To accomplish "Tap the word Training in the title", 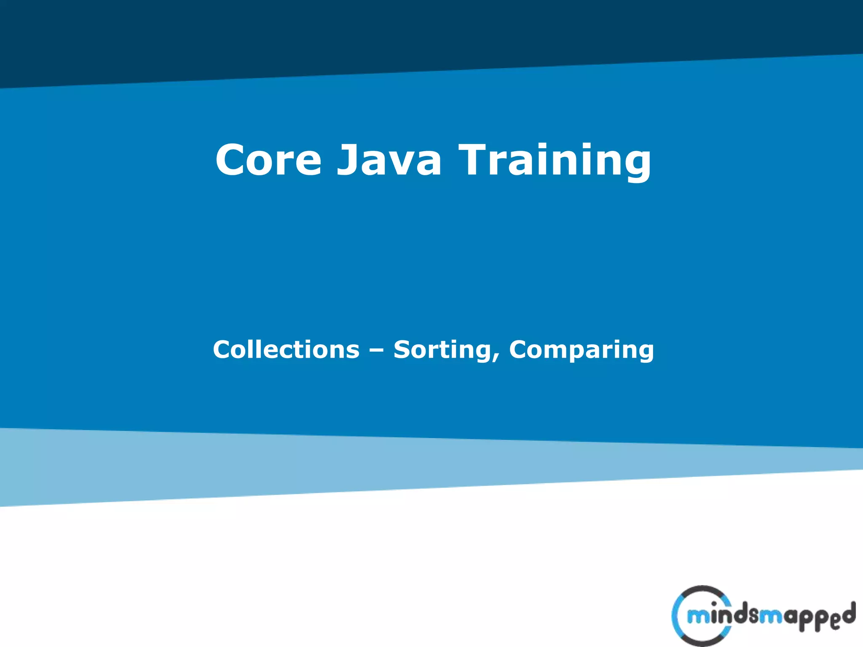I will [555, 160].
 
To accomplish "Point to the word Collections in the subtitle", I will [286, 349].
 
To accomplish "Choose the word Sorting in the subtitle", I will [443, 350].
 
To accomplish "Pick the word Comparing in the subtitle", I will [582, 350].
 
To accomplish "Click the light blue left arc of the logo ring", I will [676, 616].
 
